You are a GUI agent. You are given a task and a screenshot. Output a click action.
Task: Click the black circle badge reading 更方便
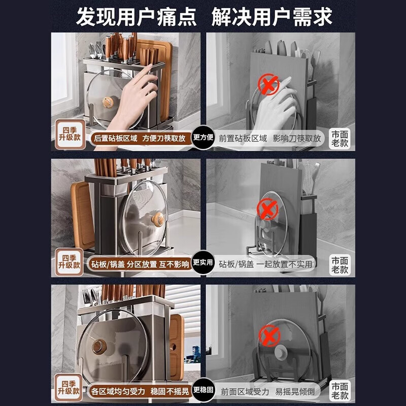[x=204, y=138]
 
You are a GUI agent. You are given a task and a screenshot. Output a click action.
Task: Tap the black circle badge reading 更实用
[x=204, y=263]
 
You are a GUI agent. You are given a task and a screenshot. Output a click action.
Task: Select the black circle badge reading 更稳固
[x=204, y=390]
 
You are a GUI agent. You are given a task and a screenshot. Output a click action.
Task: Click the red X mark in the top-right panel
[x=268, y=84]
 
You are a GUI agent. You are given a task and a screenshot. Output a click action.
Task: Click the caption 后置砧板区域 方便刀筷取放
[x=140, y=138]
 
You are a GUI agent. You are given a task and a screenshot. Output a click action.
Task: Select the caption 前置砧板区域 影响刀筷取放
[x=269, y=138]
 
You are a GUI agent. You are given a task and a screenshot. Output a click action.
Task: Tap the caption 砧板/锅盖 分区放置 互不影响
[x=140, y=264]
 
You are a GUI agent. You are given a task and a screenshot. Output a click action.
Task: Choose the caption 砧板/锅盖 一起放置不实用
[x=266, y=264]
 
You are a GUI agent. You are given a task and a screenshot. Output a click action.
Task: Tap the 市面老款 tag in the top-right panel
[x=340, y=138]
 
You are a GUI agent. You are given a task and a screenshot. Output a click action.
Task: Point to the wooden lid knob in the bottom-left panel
[x=98, y=347]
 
